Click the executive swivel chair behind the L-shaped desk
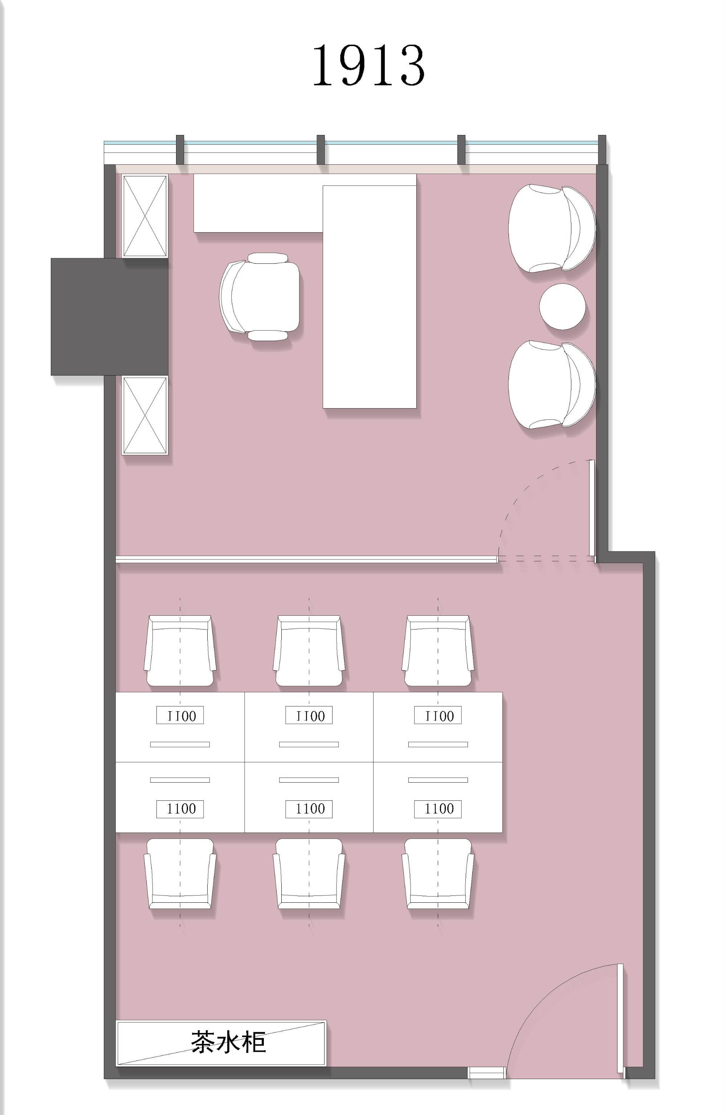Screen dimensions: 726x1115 coord(260,296)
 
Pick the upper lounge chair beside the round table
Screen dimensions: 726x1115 coord(552,228)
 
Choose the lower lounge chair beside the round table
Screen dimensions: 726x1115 coord(552,385)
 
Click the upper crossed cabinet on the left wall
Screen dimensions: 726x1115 coord(145,216)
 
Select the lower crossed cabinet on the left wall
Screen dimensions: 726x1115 coord(145,415)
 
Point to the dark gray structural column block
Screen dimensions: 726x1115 coord(109,317)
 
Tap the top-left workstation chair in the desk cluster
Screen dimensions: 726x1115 coord(180,651)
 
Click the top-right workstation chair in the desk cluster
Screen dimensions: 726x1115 coord(438,651)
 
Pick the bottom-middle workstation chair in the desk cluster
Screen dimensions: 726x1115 coord(309,873)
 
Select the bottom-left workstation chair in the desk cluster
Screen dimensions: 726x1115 coord(180,873)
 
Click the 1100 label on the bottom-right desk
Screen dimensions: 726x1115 coord(438,809)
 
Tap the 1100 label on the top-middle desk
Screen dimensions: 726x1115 coord(309,716)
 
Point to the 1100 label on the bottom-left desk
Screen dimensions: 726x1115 coord(180,809)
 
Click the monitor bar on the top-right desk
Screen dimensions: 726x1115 coord(438,745)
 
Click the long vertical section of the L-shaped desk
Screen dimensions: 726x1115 coord(369,296)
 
